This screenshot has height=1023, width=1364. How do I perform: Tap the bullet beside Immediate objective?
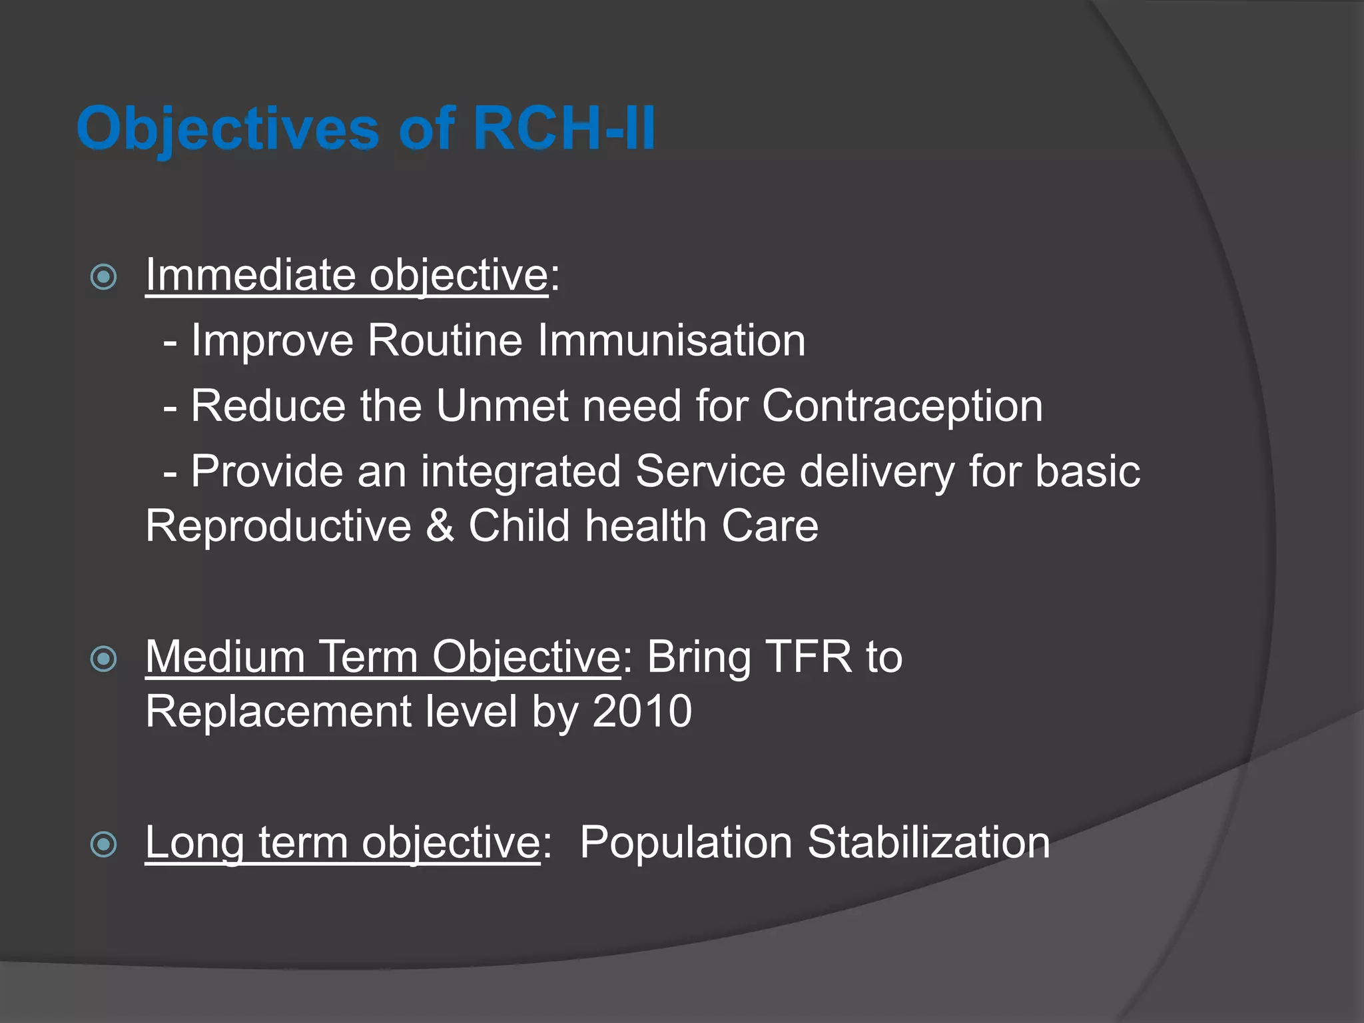[104, 277]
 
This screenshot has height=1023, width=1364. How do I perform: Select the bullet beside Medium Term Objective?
[104, 659]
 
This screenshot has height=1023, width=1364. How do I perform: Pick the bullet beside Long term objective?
[104, 845]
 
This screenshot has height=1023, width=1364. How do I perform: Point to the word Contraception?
[902, 406]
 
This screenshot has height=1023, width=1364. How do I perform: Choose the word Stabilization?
[928, 842]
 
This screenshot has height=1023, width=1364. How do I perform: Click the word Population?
[685, 842]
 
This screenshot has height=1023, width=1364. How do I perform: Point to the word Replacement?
[278, 711]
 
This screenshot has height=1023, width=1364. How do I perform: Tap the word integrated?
[521, 472]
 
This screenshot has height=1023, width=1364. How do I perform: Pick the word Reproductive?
[278, 525]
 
